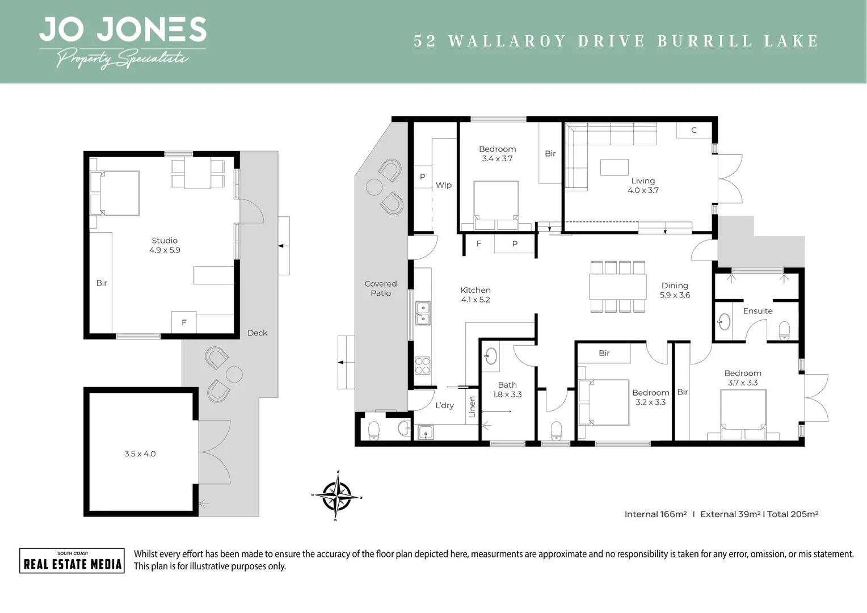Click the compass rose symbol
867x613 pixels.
tap(338, 496)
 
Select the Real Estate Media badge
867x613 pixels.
tap(72, 561)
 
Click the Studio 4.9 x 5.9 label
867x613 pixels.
tap(165, 245)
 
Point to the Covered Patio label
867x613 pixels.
tap(381, 288)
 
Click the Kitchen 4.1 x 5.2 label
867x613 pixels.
tap(475, 295)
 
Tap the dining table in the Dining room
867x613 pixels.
tap(617, 287)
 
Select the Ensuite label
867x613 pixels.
tap(757, 311)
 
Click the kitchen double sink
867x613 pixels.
tap(423, 313)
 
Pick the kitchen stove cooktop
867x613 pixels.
tap(423, 365)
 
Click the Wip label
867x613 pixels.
tap(444, 185)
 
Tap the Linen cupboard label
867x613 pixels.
tap(472, 407)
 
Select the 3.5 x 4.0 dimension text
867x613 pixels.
tap(140, 454)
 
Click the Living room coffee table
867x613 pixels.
tap(614, 167)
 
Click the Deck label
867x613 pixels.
tap(257, 333)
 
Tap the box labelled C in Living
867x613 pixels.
tap(693, 130)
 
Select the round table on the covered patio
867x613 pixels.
tap(375, 187)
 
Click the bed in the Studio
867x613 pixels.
tap(116, 194)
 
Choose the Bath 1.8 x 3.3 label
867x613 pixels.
tap(507, 389)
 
